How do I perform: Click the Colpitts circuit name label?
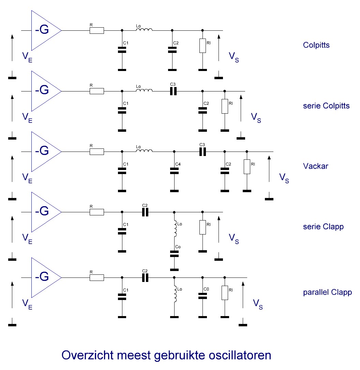(x=316, y=45)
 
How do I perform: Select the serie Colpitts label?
(x=326, y=106)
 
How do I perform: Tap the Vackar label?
(x=315, y=166)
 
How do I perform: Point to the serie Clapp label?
(x=323, y=227)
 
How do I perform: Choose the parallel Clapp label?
(x=328, y=292)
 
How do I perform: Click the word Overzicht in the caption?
(x=87, y=355)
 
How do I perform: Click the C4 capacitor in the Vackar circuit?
(x=174, y=171)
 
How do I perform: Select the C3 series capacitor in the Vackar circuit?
(x=202, y=152)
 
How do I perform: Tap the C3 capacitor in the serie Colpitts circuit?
(x=173, y=91)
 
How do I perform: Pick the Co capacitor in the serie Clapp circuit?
(x=174, y=254)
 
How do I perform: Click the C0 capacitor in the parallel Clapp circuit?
(x=202, y=296)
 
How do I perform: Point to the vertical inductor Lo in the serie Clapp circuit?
(x=175, y=228)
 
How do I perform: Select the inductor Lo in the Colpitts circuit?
(x=144, y=29)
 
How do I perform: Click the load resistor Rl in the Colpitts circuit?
(x=202, y=46)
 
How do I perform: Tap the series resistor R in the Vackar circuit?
(x=97, y=152)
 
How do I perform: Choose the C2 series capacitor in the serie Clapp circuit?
(x=145, y=212)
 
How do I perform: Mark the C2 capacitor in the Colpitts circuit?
(x=172, y=50)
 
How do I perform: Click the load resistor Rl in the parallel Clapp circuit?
(x=225, y=293)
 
